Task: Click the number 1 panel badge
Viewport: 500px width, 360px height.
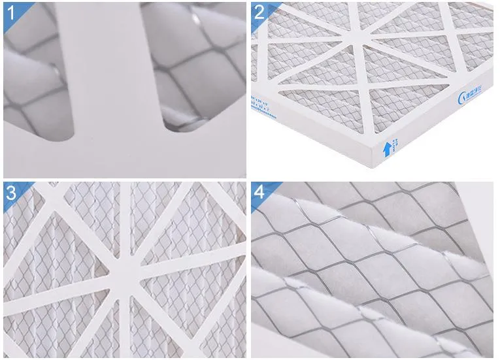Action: point(11,12)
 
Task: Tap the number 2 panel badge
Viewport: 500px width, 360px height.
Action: point(260,11)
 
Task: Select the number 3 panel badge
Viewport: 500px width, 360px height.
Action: point(11,192)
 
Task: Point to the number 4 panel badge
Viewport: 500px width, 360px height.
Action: point(260,192)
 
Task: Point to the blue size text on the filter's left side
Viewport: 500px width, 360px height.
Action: point(257,105)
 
